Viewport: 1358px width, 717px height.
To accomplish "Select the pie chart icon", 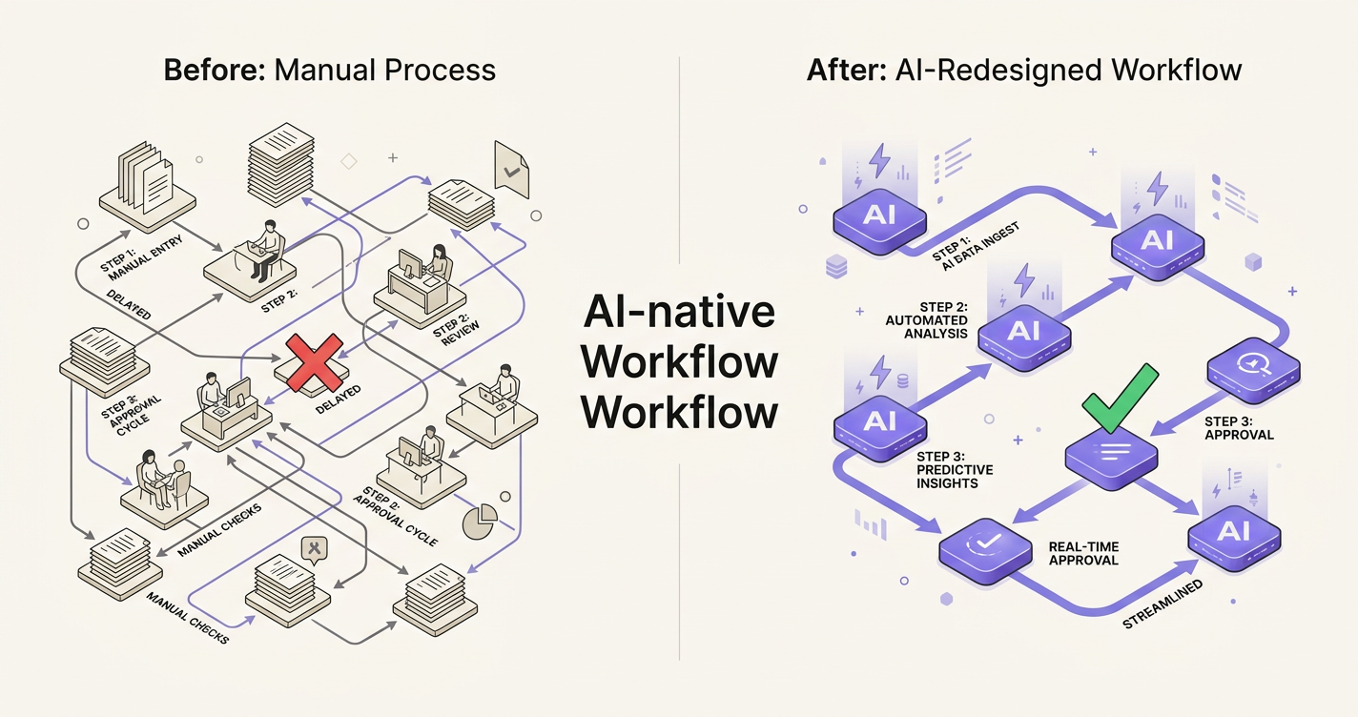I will tap(480, 521).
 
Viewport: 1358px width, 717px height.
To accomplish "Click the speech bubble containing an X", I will tap(313, 549).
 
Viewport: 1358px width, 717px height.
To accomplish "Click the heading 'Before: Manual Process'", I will tap(330, 70).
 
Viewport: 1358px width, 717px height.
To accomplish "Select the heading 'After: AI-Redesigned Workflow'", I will tap(1024, 70).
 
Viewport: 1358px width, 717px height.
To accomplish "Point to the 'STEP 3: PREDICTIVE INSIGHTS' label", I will tap(954, 470).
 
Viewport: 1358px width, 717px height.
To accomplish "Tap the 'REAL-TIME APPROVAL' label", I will tap(1083, 554).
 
